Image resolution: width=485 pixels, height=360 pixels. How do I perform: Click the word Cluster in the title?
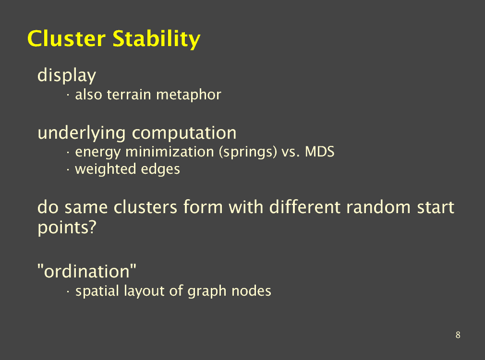point(66,39)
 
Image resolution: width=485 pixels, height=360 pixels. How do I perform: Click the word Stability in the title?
point(157,39)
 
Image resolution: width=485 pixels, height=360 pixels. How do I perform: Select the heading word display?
point(67,75)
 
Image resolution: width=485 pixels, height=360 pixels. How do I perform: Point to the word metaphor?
point(189,95)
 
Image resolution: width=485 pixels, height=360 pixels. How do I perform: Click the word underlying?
point(82,133)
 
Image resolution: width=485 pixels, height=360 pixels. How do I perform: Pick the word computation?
point(184,133)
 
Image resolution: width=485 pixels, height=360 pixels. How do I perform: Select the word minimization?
point(170,152)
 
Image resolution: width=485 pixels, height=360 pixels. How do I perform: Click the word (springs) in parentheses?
point(248,152)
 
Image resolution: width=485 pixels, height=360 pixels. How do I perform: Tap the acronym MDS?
point(319,152)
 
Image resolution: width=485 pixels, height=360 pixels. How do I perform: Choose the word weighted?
point(106,169)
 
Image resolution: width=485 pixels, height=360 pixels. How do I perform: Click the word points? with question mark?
point(67,228)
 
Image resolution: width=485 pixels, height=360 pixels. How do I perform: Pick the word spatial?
point(97,291)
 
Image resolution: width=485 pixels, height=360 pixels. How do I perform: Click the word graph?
point(207,291)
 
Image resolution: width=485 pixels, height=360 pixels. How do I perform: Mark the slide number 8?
point(458,335)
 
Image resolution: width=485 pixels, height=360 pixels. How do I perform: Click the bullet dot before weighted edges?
point(68,170)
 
